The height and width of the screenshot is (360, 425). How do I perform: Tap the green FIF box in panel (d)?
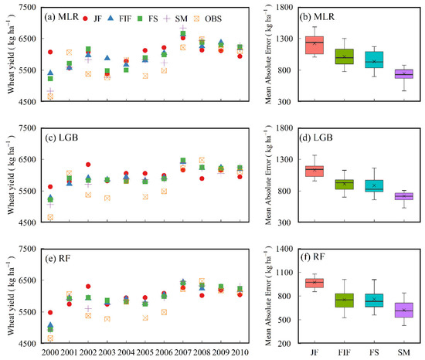coord(343,184)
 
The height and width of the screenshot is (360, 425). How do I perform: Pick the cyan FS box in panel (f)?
coord(372,301)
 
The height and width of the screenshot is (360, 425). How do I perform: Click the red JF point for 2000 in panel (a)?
coord(50,52)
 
